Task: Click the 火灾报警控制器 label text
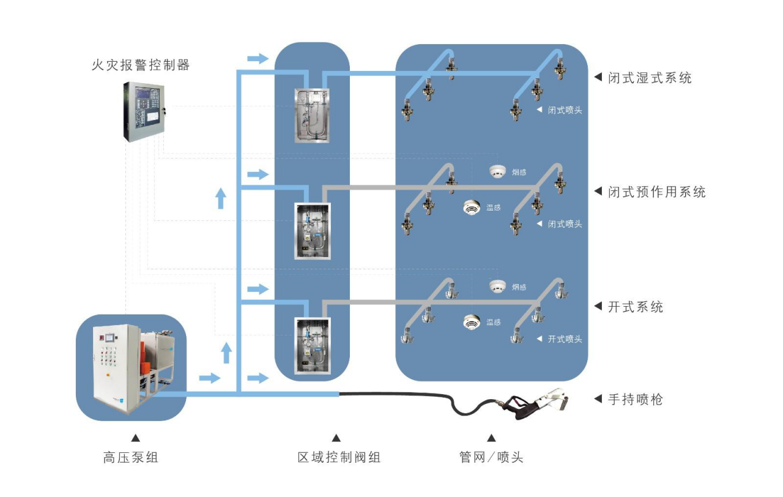point(141,65)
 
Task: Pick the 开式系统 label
point(636,307)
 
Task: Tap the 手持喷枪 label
point(636,400)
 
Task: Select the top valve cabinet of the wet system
point(312,116)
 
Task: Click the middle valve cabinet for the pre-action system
point(312,231)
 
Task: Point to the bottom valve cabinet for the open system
point(312,345)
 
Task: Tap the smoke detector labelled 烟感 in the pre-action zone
point(497,172)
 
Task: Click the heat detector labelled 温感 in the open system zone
point(471,321)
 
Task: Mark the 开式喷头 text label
point(565,339)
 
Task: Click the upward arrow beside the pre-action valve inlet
point(221,198)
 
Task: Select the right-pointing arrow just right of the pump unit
point(209,378)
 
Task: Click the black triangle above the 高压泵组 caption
point(135,438)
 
